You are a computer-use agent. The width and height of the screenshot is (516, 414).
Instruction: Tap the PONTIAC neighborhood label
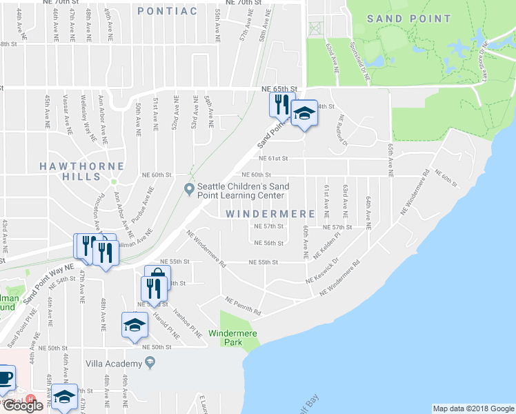(168, 10)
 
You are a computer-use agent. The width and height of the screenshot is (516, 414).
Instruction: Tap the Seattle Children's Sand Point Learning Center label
(241, 190)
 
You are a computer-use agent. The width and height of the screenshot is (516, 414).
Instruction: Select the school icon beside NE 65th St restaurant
(304, 114)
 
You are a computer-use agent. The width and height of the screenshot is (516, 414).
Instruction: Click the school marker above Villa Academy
(135, 326)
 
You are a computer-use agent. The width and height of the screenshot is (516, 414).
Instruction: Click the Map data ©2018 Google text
(473, 408)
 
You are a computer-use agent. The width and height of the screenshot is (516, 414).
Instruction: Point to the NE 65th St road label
(279, 89)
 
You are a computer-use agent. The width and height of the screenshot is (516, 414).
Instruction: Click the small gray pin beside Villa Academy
(150, 362)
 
